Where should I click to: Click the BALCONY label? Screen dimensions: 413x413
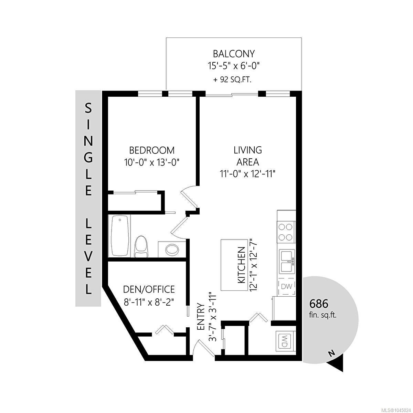click(x=234, y=54)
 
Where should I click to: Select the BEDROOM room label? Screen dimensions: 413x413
click(x=152, y=150)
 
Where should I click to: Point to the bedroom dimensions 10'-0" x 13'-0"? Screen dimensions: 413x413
click(x=151, y=162)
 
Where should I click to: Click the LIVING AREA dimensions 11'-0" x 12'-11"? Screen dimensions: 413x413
click(x=247, y=173)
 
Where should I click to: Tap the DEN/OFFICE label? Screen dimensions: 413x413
click(x=149, y=289)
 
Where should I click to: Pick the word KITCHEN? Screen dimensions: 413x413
click(x=242, y=265)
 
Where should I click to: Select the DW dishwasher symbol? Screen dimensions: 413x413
click(x=287, y=286)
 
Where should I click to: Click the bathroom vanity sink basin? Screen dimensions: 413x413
click(x=172, y=250)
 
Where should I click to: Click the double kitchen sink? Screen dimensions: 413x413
click(x=287, y=262)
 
